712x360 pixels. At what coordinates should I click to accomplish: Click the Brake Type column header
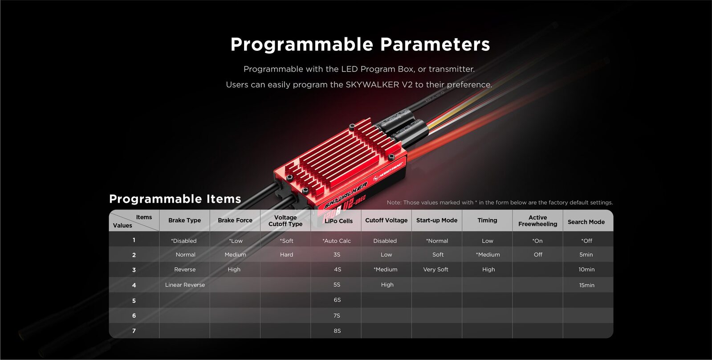click(x=184, y=221)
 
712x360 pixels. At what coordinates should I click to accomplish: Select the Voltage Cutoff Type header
click(x=285, y=221)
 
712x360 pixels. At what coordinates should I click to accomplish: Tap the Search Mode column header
click(x=586, y=222)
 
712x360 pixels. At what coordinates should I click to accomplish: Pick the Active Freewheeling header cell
click(x=537, y=221)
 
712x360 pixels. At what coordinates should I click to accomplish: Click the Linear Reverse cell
click(x=185, y=285)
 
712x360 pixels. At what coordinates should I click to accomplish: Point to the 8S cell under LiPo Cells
click(x=337, y=331)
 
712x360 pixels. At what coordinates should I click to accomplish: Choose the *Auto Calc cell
click(x=337, y=241)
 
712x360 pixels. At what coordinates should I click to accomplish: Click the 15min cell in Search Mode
click(x=586, y=285)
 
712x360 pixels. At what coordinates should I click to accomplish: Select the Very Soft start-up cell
click(x=435, y=270)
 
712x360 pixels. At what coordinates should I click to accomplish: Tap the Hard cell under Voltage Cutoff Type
click(x=286, y=255)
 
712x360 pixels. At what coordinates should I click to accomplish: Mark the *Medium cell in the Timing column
click(x=488, y=255)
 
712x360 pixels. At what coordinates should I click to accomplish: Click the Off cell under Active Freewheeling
click(x=538, y=255)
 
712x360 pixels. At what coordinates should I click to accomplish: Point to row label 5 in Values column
click(x=134, y=301)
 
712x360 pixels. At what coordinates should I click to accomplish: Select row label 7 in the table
click(x=134, y=331)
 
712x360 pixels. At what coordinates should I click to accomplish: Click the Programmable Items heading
click(x=175, y=199)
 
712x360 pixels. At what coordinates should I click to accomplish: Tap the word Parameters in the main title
click(x=435, y=44)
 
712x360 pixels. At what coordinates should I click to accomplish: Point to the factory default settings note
click(x=500, y=203)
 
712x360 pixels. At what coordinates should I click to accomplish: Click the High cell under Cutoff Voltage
click(x=387, y=285)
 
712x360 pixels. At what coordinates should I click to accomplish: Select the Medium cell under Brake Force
click(x=235, y=255)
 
